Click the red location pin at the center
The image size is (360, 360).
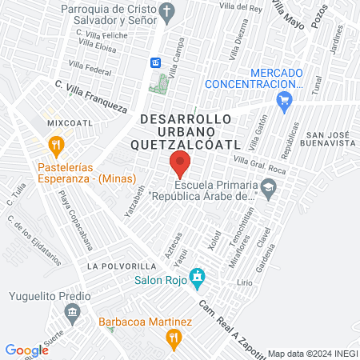pyautogui.click(x=180, y=165)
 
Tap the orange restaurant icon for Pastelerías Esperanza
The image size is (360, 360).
pyautogui.click(x=55, y=146)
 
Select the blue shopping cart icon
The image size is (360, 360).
pyautogui.click(x=282, y=101)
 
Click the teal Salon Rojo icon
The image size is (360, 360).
pyautogui.click(x=197, y=279)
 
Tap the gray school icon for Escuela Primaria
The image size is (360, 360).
pyautogui.click(x=268, y=190)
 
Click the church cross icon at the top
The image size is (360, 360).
pyautogui.click(x=166, y=11)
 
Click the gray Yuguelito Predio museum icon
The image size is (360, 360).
pyautogui.click(x=73, y=311)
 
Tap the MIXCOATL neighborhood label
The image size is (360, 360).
pyautogui.click(x=65, y=123)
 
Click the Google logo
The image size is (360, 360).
pyautogui.click(x=26, y=350)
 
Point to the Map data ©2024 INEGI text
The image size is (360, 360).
pyautogui.click(x=312, y=353)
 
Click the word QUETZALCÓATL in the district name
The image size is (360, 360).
pyautogui.click(x=185, y=145)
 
